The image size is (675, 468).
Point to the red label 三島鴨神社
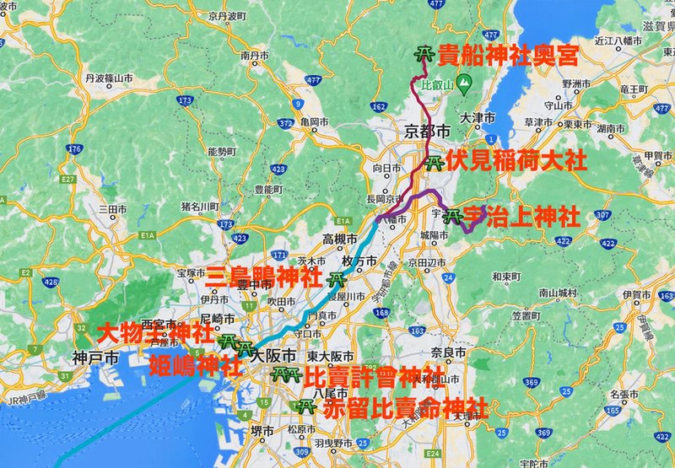[x=263, y=276]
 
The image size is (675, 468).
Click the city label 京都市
[x=425, y=131]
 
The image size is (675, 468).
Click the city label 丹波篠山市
[x=109, y=78]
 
